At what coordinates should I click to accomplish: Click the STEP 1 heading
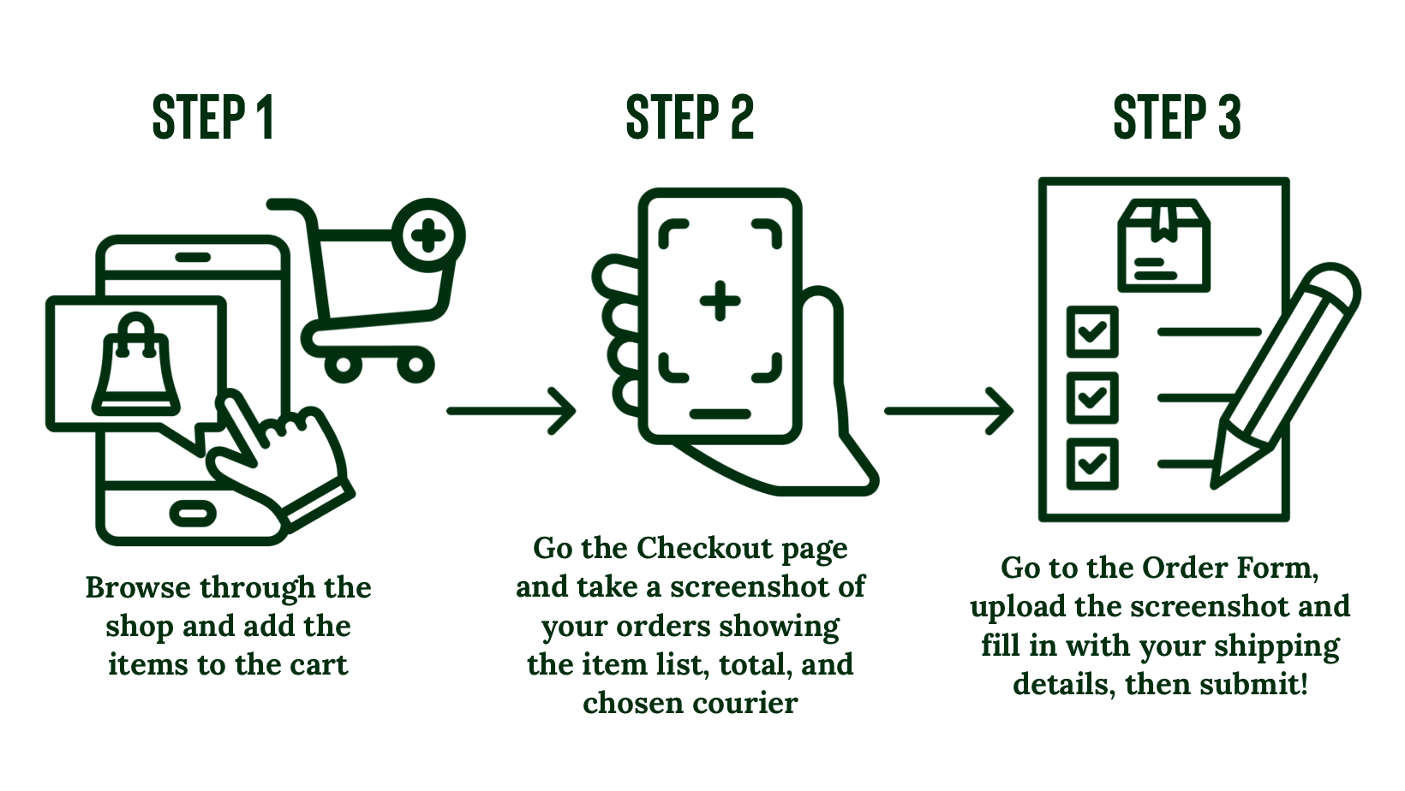[212, 117]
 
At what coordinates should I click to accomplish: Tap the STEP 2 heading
[690, 117]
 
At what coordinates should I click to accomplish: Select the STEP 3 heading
[1176, 117]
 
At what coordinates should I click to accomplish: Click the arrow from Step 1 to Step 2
[511, 411]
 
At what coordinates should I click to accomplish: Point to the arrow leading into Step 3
[948, 411]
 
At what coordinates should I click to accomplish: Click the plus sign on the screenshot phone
[720, 301]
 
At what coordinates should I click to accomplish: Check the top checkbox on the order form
[1092, 331]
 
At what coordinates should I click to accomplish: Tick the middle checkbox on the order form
[1092, 397]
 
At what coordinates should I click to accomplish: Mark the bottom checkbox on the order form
[1092, 463]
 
